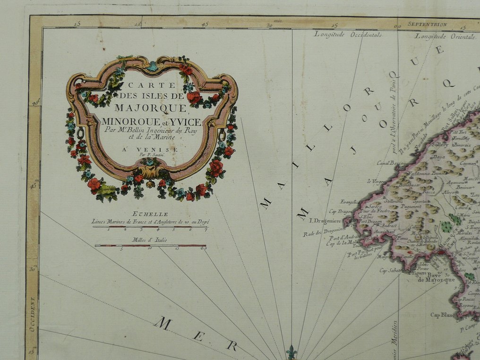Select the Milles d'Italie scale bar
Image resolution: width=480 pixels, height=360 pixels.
[x=151, y=246]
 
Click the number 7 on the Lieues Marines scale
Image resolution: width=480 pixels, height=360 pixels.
[x=206, y=230]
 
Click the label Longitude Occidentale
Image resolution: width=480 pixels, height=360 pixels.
[x=348, y=34]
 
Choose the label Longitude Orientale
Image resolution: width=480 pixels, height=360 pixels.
[x=445, y=36]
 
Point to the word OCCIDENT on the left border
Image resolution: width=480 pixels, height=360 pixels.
[x=32, y=315]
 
